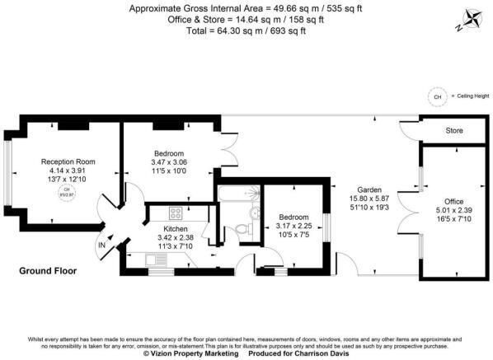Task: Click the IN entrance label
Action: [101, 245]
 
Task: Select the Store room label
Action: [454, 130]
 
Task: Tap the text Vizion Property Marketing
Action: [190, 353]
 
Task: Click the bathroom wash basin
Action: [255, 213]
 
